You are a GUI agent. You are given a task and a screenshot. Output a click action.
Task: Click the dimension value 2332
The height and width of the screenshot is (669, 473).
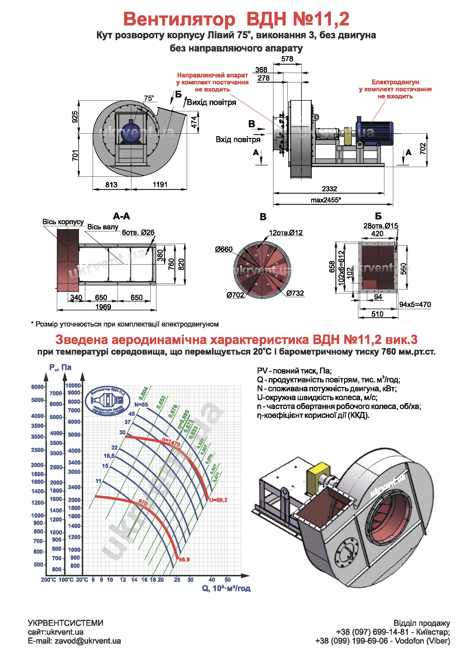(x=329, y=189)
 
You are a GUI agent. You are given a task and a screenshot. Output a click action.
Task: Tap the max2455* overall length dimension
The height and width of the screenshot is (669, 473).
(x=326, y=200)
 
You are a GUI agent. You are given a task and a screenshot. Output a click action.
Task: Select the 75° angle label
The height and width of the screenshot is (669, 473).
(x=149, y=98)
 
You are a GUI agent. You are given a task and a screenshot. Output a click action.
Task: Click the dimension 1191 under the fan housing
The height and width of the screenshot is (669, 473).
(x=160, y=184)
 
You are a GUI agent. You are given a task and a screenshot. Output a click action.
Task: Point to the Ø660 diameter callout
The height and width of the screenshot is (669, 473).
(x=224, y=249)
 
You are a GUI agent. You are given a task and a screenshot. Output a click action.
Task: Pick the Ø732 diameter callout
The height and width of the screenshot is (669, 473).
(x=295, y=293)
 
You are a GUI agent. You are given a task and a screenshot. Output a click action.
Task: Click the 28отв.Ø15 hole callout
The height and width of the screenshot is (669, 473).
(x=380, y=226)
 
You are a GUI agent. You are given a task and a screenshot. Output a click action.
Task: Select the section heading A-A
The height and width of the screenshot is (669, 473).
(x=122, y=216)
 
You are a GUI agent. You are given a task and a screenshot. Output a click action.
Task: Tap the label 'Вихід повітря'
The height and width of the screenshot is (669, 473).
(x=211, y=102)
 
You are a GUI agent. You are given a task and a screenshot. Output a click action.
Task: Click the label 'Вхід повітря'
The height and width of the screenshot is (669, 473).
(x=238, y=140)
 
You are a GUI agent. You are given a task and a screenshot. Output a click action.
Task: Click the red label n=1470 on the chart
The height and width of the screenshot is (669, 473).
(x=171, y=442)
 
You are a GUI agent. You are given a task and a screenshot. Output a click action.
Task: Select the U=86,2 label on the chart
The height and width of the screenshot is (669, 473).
(x=218, y=500)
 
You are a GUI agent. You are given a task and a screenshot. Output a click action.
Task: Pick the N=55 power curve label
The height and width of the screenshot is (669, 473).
(x=141, y=404)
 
